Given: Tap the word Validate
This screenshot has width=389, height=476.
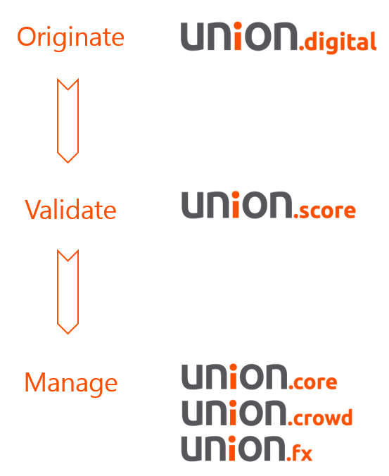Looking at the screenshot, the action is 70,209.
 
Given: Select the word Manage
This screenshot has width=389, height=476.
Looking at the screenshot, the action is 71,383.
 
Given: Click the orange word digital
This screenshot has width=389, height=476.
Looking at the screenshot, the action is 340,42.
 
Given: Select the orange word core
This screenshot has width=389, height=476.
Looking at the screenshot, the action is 315,382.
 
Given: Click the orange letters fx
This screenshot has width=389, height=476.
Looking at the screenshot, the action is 302,453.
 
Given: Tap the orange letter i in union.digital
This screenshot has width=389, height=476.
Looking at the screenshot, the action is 238,36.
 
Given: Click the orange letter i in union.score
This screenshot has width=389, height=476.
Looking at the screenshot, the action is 236,205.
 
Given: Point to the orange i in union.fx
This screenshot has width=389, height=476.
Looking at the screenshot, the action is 232,448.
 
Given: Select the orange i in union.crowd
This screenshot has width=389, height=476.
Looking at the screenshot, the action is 233,413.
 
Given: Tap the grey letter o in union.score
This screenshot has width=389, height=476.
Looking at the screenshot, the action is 255,205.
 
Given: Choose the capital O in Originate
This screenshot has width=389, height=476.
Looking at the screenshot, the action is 29,37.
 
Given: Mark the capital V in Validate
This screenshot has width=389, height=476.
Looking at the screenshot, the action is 34,209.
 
